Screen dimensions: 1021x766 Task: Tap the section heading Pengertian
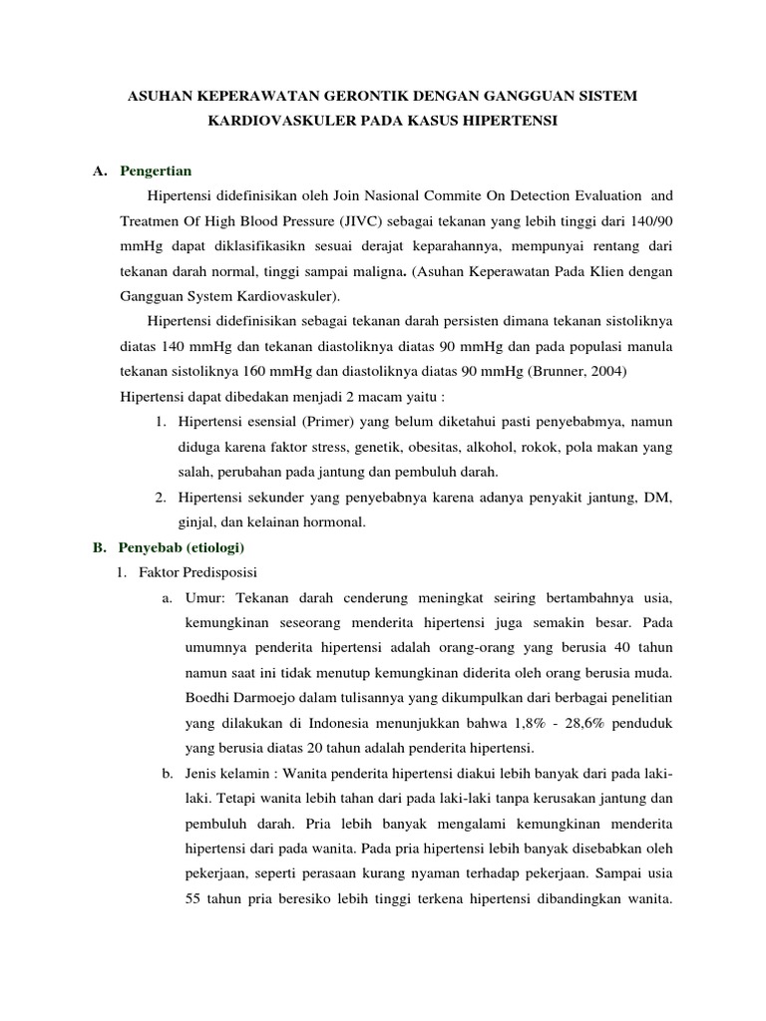155,170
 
